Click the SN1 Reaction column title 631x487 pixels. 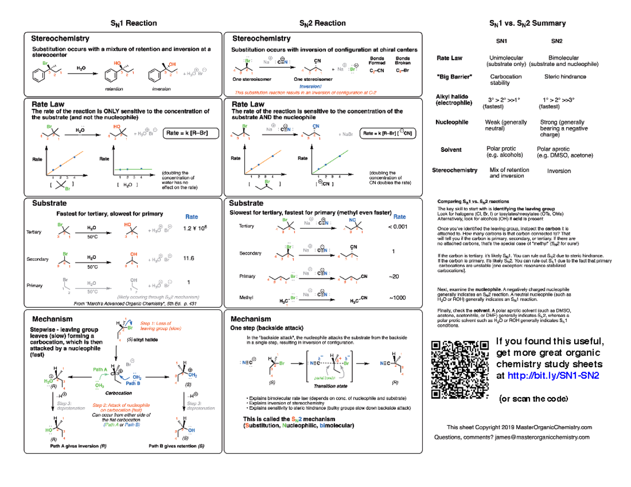pyautogui.click(x=133, y=23)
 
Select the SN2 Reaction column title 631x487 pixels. pyautogui.click(x=322, y=23)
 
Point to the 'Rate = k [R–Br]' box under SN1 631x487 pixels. pyautogui.click(x=187, y=133)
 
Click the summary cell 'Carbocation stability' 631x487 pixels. pyautogui.click(x=505, y=79)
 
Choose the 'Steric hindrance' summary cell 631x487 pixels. pyautogui.click(x=565, y=76)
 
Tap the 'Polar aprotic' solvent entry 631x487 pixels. pyautogui.click(x=553, y=149)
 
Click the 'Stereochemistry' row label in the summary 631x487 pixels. pyautogui.click(x=454, y=170)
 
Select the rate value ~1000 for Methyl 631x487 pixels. pyautogui.click(x=397, y=298)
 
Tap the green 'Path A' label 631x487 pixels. pyautogui.click(x=100, y=370)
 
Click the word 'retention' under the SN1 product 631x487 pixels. pyautogui.click(x=114, y=89)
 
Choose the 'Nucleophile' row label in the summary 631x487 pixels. pyautogui.click(x=452, y=122)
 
